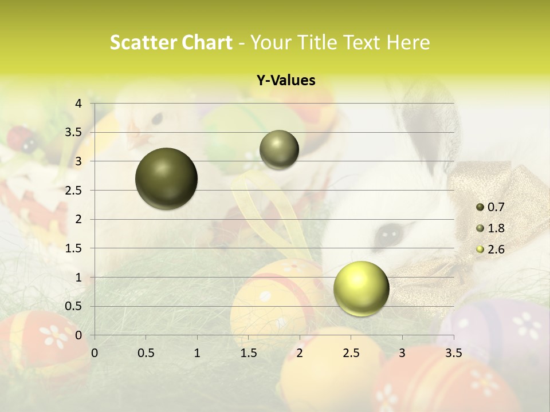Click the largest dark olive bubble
[x=166, y=179]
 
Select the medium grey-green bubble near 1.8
[x=279, y=150]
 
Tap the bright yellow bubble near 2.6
[x=361, y=288]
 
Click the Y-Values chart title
[x=286, y=81]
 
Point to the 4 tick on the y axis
[x=79, y=104]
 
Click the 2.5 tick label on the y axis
[x=74, y=191]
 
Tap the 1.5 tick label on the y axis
[x=74, y=248]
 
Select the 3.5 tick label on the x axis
[x=453, y=353]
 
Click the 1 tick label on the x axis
[x=197, y=353]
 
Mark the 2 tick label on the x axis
[x=300, y=353]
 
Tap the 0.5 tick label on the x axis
[x=146, y=353]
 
